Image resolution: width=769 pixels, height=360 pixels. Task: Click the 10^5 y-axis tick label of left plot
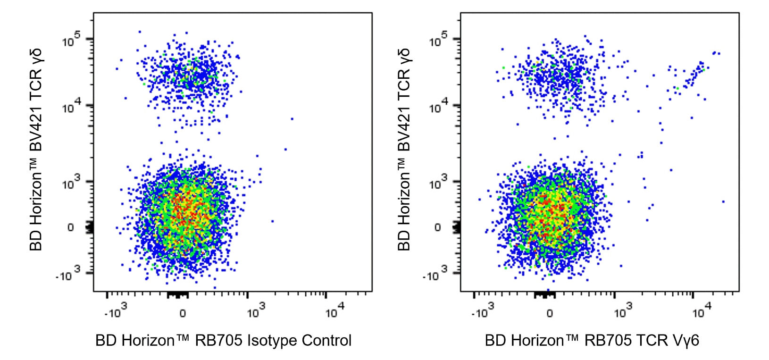coord(71,41)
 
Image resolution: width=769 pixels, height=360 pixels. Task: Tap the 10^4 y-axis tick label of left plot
coord(71,107)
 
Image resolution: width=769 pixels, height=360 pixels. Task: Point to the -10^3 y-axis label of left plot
coord(68,274)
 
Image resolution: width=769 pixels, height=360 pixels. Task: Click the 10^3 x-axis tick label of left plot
coord(256,311)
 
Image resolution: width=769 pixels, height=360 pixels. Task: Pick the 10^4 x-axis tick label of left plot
coord(334,311)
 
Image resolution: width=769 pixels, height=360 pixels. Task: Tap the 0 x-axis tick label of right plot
coord(549,313)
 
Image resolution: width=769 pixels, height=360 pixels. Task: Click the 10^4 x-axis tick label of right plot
coord(702,311)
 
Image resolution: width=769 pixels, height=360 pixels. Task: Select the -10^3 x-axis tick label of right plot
coord(482,311)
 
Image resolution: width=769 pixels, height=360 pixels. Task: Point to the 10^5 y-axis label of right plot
coord(438,41)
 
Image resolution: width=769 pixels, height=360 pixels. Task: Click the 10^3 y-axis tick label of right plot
coord(438,183)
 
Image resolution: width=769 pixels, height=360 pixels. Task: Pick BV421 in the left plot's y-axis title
coord(36,125)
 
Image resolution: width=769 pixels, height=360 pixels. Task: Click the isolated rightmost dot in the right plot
coord(723,201)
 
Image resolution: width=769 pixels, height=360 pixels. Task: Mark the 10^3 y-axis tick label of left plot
coord(71,183)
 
